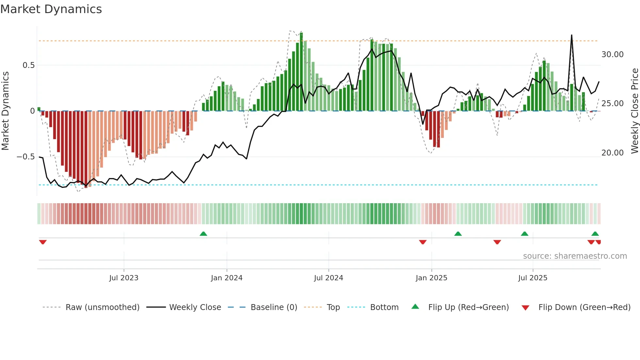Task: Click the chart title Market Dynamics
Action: tap(51, 9)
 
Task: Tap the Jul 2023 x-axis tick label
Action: tap(124, 278)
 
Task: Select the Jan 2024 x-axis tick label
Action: tap(227, 278)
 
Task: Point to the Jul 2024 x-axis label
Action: tap(328, 278)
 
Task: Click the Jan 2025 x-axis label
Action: tap(431, 278)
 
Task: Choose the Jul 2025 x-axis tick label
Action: tap(533, 278)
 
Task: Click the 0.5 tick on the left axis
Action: tap(28, 65)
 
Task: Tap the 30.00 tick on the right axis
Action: tap(612, 55)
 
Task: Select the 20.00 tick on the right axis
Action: tap(612, 153)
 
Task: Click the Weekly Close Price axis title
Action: tap(634, 111)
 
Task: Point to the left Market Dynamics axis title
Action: tap(5, 111)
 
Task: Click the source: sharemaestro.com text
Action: tap(575, 256)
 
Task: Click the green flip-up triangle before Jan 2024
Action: tap(203, 234)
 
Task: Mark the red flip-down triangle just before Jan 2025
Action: tap(423, 242)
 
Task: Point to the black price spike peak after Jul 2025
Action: tap(571, 35)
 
